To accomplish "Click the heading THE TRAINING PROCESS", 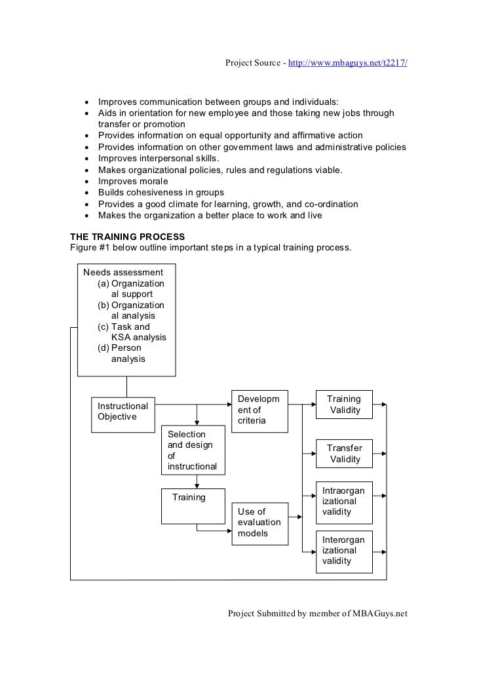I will pos(127,237).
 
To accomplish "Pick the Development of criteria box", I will pos(260,410).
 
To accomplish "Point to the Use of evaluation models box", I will pos(260,524).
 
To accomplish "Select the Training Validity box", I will pos(343,405).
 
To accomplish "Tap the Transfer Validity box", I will pos(343,454).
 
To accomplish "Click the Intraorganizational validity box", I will pos(343,502).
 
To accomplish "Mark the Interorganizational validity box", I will pos(343,549).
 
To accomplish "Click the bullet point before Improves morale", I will pos(87,182).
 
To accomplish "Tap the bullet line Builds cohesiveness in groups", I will pos(161,193).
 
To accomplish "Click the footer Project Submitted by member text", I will pos(317,614).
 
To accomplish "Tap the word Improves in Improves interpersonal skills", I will pos(119,159).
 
